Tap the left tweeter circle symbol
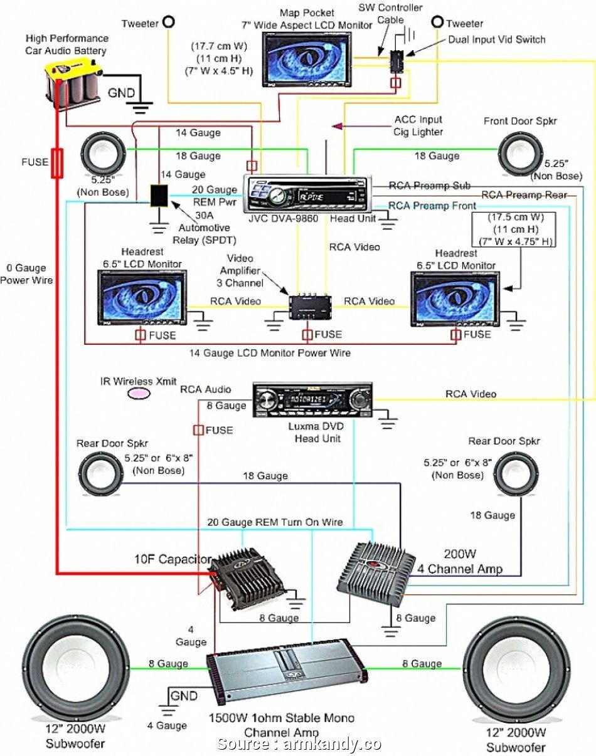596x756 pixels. click(168, 23)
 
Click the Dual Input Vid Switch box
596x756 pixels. click(396, 60)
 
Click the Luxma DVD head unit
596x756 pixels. click(312, 399)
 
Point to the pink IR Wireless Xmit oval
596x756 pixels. click(139, 393)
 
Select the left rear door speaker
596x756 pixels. click(100, 473)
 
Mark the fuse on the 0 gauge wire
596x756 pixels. click(57, 163)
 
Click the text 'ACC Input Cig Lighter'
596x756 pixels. click(418, 125)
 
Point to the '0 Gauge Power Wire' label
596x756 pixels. click(26, 274)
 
